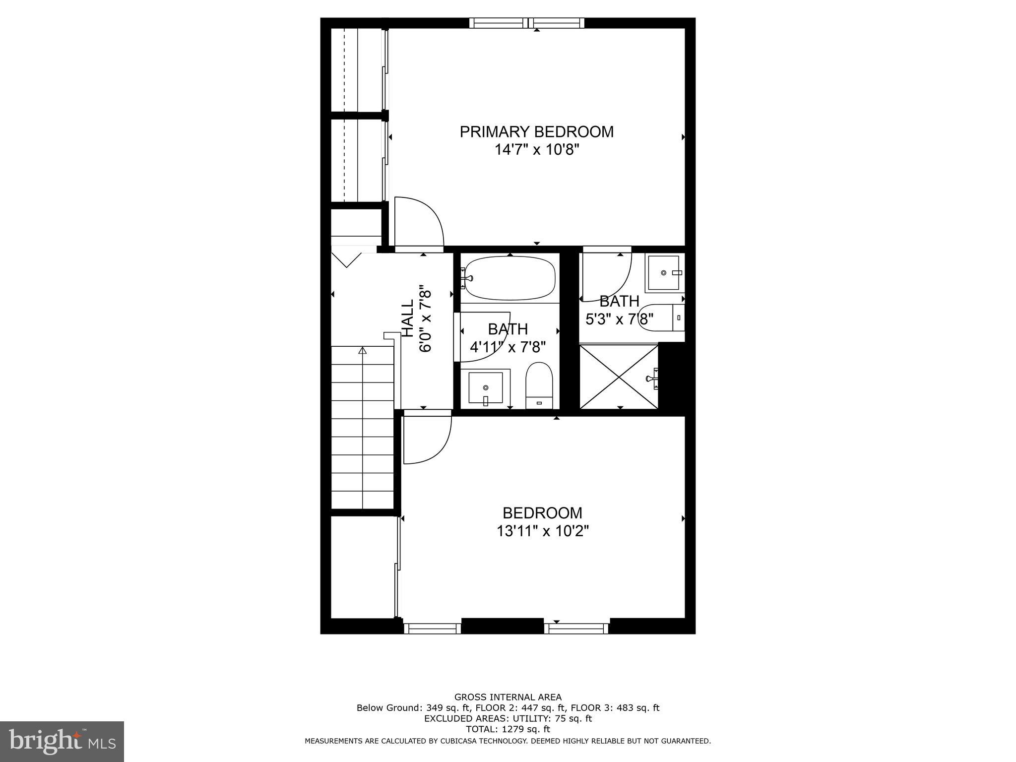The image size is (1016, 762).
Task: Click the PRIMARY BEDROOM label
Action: pyautogui.click(x=536, y=132)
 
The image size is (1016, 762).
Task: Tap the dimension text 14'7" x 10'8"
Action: pyautogui.click(x=537, y=150)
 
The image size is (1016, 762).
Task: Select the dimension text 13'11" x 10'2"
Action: pyautogui.click(x=542, y=531)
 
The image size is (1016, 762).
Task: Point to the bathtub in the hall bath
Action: pyautogui.click(x=510, y=278)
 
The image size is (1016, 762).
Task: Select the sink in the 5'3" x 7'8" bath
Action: pyautogui.click(x=664, y=273)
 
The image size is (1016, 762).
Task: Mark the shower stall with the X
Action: pyautogui.click(x=619, y=377)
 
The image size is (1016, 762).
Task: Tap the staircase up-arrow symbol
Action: pyautogui.click(x=362, y=351)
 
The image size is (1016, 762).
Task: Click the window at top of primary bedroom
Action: pyautogui.click(x=526, y=23)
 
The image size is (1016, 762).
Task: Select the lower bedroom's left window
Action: pyautogui.click(x=432, y=629)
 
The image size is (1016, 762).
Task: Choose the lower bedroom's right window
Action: pyautogui.click(x=576, y=629)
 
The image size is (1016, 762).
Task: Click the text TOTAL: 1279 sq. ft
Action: pyautogui.click(x=508, y=729)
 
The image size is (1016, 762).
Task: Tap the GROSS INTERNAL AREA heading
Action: pyautogui.click(x=508, y=697)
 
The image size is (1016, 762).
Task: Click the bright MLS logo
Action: pyautogui.click(x=62, y=741)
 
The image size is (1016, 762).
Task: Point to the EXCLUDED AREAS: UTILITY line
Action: pyautogui.click(x=508, y=718)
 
